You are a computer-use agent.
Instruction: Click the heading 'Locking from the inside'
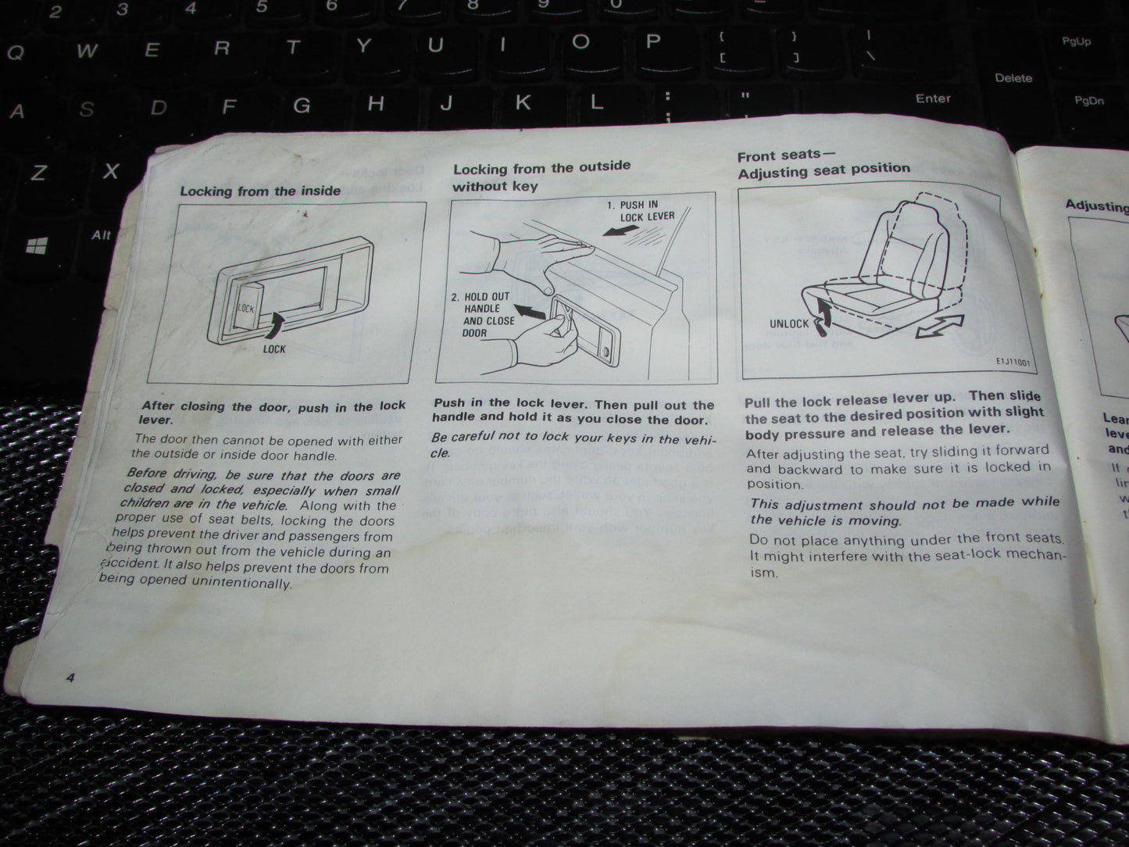point(260,191)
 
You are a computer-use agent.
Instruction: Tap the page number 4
point(70,677)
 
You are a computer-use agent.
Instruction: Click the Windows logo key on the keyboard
point(37,246)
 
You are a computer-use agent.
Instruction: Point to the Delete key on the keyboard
point(1013,78)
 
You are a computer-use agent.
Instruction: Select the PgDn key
point(1088,101)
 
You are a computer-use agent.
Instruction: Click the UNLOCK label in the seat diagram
point(789,323)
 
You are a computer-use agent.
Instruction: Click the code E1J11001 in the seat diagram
point(1013,362)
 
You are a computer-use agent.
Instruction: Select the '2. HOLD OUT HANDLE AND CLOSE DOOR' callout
point(488,315)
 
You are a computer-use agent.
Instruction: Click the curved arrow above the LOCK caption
point(278,323)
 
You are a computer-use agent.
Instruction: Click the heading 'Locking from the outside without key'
point(541,176)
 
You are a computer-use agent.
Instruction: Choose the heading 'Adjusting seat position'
point(824,169)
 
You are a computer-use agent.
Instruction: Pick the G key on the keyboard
point(302,105)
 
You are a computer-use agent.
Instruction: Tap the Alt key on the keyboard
point(102,234)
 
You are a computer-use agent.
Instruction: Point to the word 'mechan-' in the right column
point(1034,556)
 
